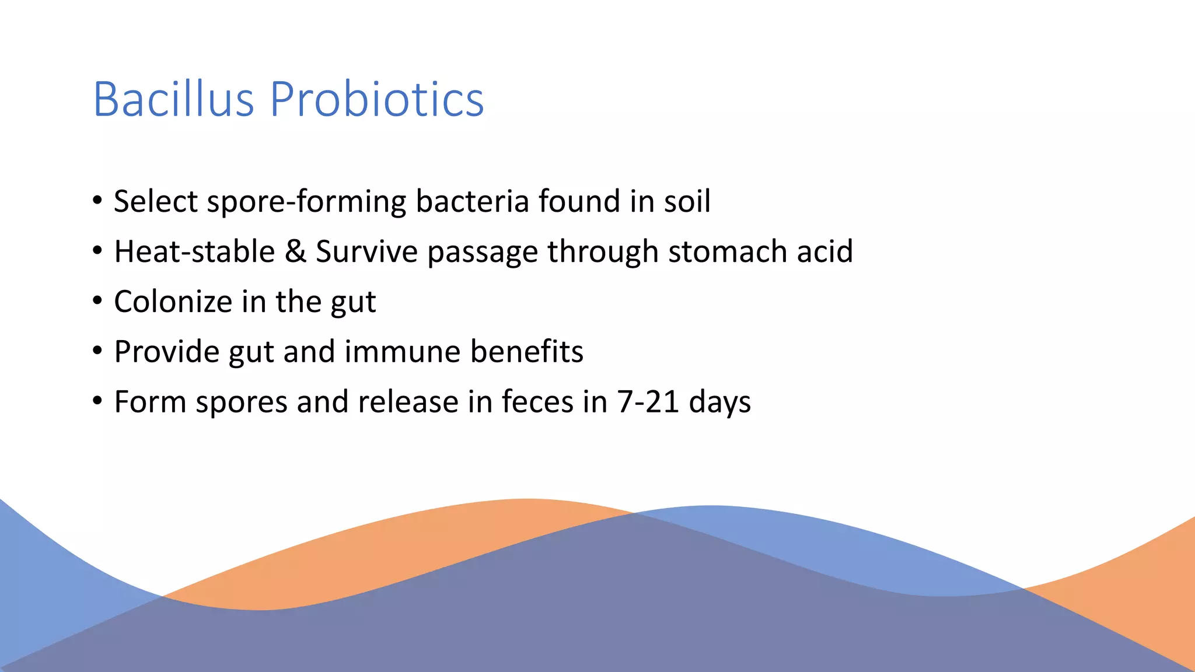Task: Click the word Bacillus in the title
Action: (x=173, y=99)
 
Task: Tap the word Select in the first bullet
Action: (x=156, y=201)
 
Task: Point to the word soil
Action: (x=687, y=201)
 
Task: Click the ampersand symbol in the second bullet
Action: (x=295, y=251)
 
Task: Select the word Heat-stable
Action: (x=194, y=251)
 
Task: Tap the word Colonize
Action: (x=173, y=302)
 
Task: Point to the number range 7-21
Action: (x=648, y=402)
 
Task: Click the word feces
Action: (x=537, y=402)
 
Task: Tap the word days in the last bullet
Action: (x=719, y=402)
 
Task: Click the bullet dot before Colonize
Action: (x=97, y=302)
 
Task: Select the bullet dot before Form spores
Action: (x=97, y=401)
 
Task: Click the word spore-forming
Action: (x=306, y=201)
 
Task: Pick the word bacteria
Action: (x=472, y=201)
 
